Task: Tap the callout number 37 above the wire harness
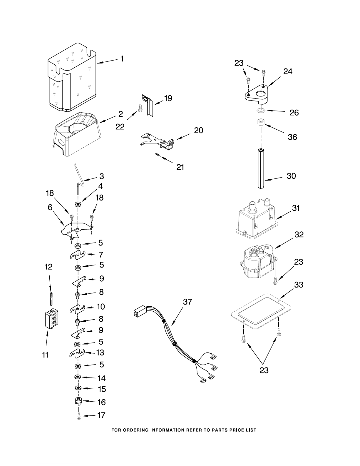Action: click(x=187, y=302)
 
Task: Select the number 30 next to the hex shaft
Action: click(x=291, y=176)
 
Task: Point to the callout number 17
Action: click(x=101, y=415)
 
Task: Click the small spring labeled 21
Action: click(x=158, y=154)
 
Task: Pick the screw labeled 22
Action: click(x=140, y=108)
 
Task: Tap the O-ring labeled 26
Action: click(x=261, y=111)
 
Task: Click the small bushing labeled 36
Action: click(x=261, y=122)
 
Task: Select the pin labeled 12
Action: click(x=51, y=298)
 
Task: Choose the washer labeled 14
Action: click(x=78, y=377)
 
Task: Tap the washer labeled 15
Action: click(x=78, y=388)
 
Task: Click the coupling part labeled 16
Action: click(x=79, y=401)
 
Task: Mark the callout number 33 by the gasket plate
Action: click(x=299, y=285)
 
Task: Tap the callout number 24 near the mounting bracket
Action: click(x=288, y=71)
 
